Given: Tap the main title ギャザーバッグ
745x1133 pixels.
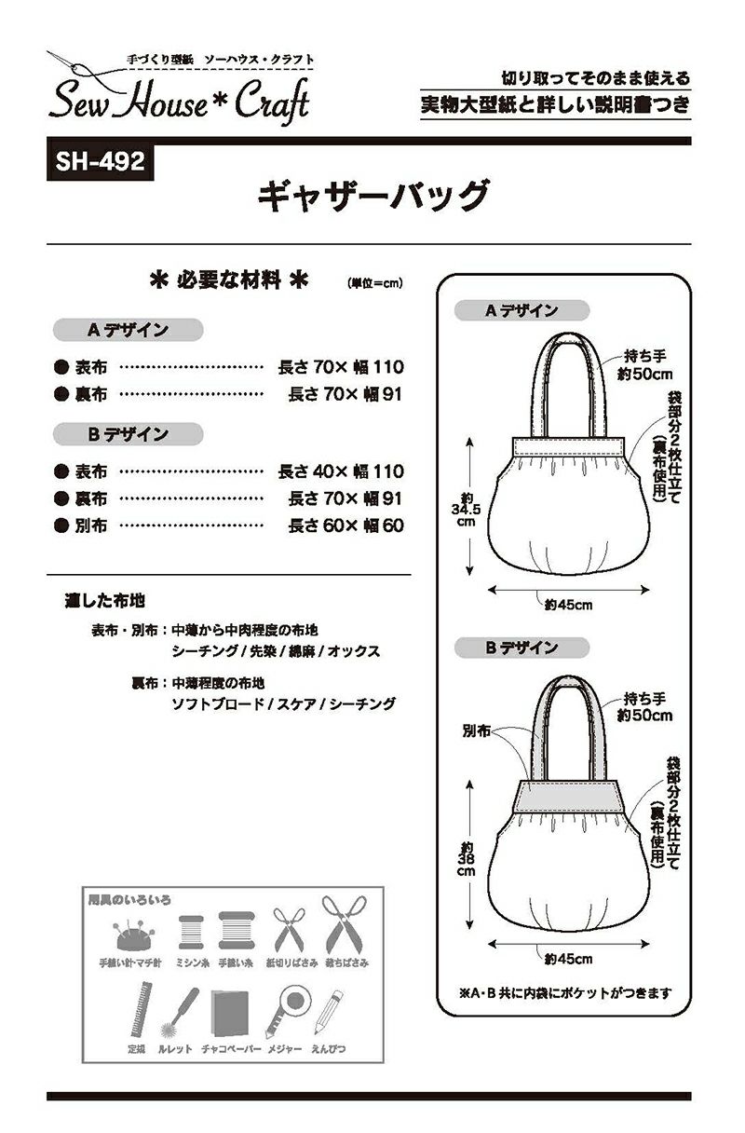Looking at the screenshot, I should point(372,197).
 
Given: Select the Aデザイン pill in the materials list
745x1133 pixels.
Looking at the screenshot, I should point(128,330).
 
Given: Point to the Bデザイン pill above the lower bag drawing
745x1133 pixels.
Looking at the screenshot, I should point(521,648).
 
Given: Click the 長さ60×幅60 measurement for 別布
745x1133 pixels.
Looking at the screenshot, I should point(345,526).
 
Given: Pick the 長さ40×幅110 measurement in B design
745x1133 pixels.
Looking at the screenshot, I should point(341,471).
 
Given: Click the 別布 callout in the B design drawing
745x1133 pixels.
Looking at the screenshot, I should point(476,731).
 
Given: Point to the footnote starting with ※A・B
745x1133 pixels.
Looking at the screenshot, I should point(564,993).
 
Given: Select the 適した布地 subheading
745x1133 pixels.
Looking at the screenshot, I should point(104,601).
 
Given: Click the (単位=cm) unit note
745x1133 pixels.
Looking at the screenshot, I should point(375,282).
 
